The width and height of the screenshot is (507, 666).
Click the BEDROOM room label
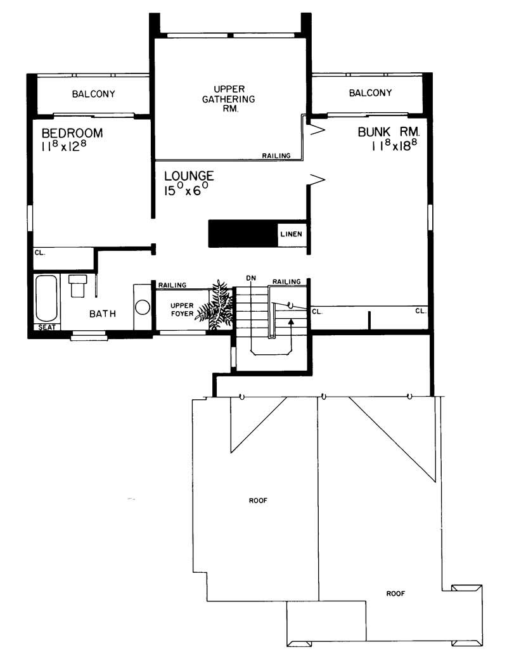pos(71,134)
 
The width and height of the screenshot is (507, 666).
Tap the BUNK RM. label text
pos(388,132)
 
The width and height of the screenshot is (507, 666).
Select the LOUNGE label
pos(189,176)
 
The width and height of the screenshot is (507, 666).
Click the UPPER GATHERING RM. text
pos(228,98)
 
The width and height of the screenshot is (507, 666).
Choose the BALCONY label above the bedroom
pos(94,94)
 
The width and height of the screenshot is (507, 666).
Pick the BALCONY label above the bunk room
pos(370,93)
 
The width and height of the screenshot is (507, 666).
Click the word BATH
pos(102,313)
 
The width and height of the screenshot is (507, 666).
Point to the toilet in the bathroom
pos(79,286)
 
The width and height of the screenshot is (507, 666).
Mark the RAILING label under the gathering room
pos(276,155)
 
